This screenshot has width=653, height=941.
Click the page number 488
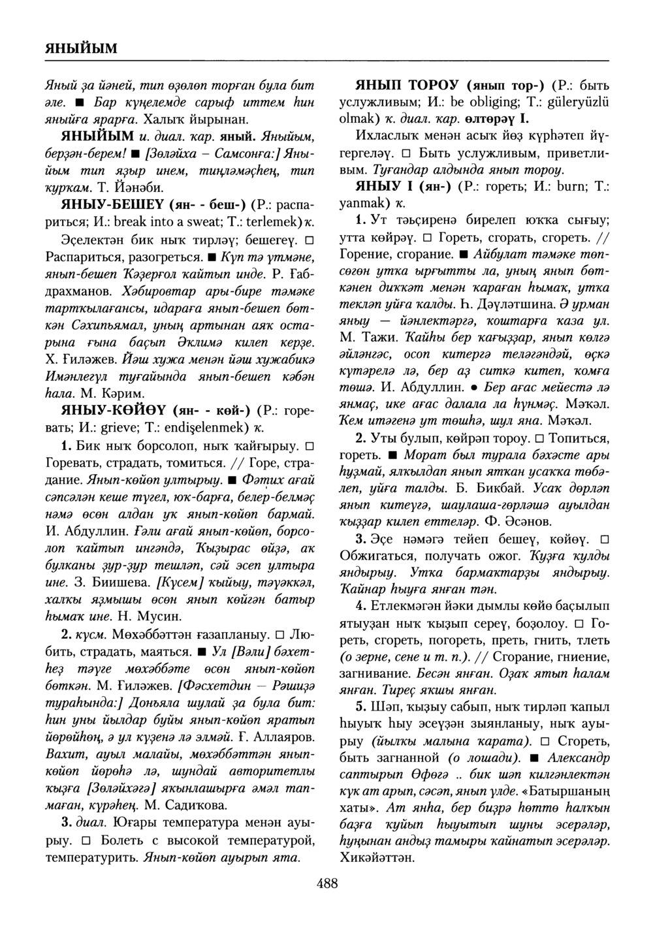click(x=326, y=884)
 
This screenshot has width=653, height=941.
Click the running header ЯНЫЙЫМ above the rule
click(x=82, y=48)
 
